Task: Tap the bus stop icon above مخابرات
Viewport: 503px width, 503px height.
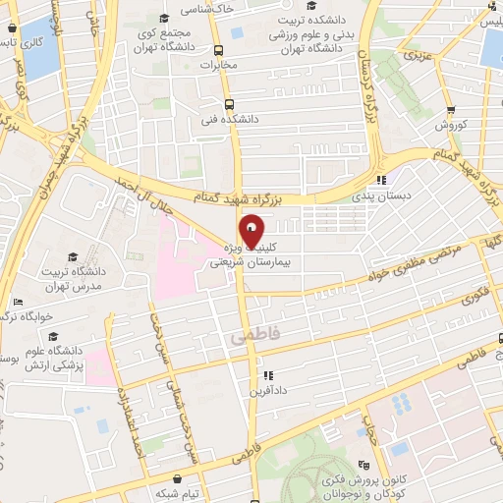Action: pos(233,49)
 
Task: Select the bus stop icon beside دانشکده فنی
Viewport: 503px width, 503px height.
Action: pos(229,105)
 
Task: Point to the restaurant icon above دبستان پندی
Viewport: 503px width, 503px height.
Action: pos(381,179)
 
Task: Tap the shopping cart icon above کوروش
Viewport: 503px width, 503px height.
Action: pos(451,110)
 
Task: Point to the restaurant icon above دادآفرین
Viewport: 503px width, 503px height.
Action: pos(266,374)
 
